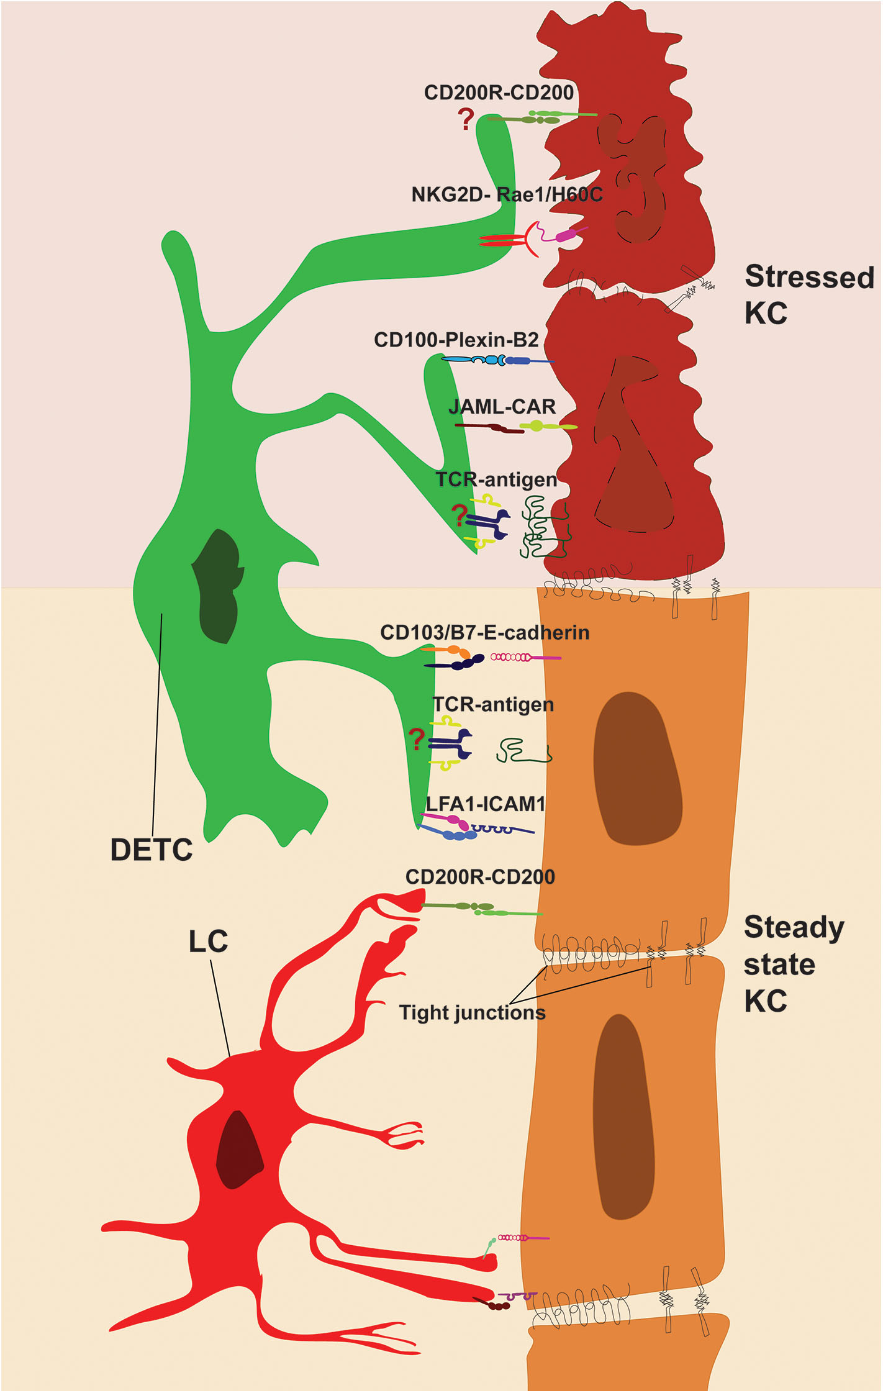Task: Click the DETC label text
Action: [151, 850]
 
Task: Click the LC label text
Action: [208, 942]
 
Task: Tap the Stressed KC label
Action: [808, 294]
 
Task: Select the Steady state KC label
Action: [793, 963]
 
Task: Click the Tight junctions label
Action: [472, 1012]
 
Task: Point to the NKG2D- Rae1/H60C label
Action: [507, 195]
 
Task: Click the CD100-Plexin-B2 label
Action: [456, 340]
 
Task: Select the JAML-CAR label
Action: [502, 407]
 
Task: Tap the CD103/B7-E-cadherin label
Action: [484, 633]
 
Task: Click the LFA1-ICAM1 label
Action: [485, 804]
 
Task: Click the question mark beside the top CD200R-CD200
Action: [466, 119]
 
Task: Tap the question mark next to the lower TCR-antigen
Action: [417, 740]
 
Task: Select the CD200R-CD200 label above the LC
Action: [479, 877]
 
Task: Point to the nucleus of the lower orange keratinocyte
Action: [623, 1118]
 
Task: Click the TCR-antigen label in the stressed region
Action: [496, 480]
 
